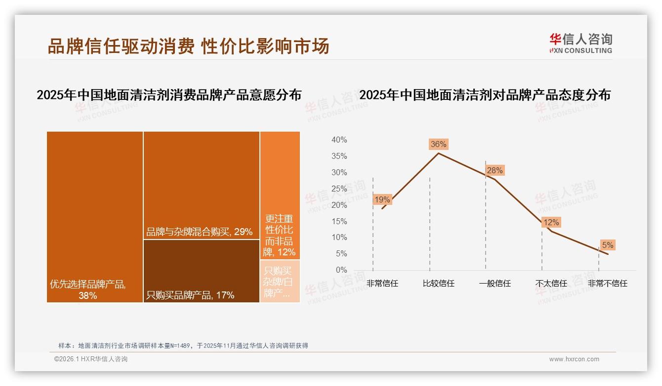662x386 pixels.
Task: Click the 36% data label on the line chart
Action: click(438, 144)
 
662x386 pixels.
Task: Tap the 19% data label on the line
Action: click(382, 199)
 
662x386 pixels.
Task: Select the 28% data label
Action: click(495, 170)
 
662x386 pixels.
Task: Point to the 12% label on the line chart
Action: click(551, 223)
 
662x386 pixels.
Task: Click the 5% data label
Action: click(607, 245)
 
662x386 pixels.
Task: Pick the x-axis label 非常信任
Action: click(382, 284)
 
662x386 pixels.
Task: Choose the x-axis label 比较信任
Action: click(438, 284)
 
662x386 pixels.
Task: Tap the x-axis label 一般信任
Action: click(495, 284)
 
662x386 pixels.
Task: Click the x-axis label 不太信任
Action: click(551, 284)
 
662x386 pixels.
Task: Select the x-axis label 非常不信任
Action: click(607, 284)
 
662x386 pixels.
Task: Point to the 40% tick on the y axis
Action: click(339, 140)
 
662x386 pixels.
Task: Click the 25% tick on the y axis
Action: click(339, 189)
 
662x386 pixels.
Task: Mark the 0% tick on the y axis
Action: click(341, 270)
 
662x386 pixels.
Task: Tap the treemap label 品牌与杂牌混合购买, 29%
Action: click(199, 232)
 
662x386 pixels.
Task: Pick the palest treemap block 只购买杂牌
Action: click(280, 282)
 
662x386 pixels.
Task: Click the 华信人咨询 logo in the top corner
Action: click(580, 43)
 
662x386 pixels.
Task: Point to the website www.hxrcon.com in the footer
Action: click(574, 359)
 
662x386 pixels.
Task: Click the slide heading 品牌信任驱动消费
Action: click(121, 47)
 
